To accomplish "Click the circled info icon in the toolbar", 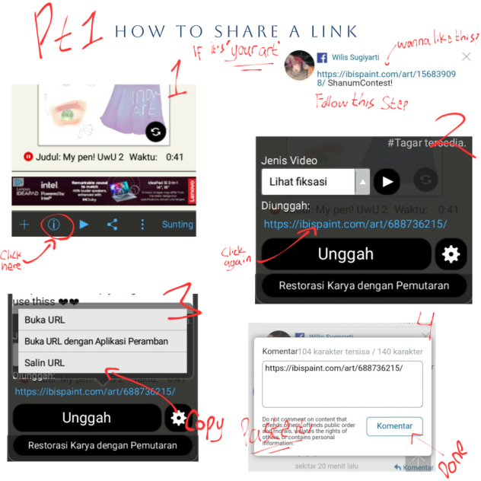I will click(x=54, y=225).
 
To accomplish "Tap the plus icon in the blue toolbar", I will click(x=24, y=225).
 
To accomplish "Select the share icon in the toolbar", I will click(x=113, y=225).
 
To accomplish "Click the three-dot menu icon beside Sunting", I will click(x=142, y=225).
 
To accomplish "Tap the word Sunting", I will click(x=177, y=225).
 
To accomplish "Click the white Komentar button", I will click(x=394, y=426).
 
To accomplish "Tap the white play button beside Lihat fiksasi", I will click(x=387, y=182).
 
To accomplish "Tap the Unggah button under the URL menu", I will click(x=86, y=418).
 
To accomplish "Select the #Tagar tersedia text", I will click(x=426, y=142).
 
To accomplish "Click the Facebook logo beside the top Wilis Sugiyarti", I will click(x=322, y=57).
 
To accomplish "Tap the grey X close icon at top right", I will click(x=466, y=57).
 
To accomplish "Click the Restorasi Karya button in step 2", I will click(x=363, y=286).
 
